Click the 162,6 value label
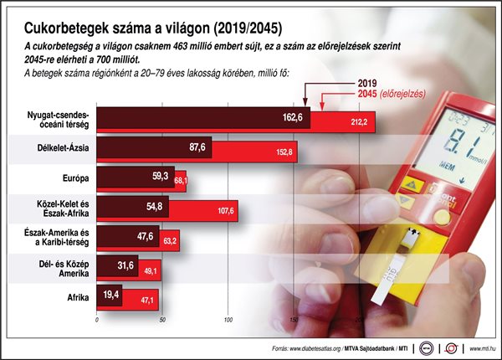pos(293,118)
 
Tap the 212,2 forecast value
pos(360,124)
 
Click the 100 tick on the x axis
pos(228,319)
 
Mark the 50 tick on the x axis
pos(163,319)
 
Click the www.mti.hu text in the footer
pos(479,346)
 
